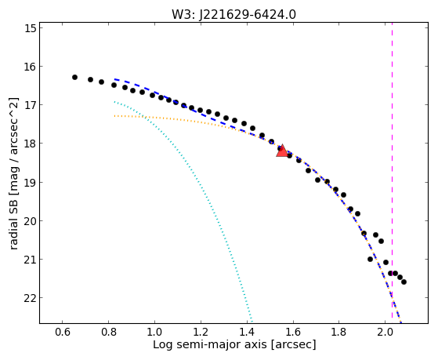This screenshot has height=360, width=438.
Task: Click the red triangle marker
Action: [x=282, y=151]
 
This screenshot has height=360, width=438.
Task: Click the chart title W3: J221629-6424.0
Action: [x=233, y=15]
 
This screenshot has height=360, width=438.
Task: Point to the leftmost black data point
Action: [x=74, y=77]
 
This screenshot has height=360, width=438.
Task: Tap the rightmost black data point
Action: [x=404, y=282]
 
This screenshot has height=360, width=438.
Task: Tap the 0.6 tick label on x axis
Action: [x=63, y=332]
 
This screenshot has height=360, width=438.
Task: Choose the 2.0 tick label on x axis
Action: [x=385, y=332]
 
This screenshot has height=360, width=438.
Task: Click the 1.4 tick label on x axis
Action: [x=247, y=332]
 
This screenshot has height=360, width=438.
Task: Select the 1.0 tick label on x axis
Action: [x=154, y=332]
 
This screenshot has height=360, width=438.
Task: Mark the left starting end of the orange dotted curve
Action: [x=114, y=116]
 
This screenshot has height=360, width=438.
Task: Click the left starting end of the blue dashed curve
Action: [x=114, y=79]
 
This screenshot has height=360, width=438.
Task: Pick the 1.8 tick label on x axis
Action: [x=338, y=332]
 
